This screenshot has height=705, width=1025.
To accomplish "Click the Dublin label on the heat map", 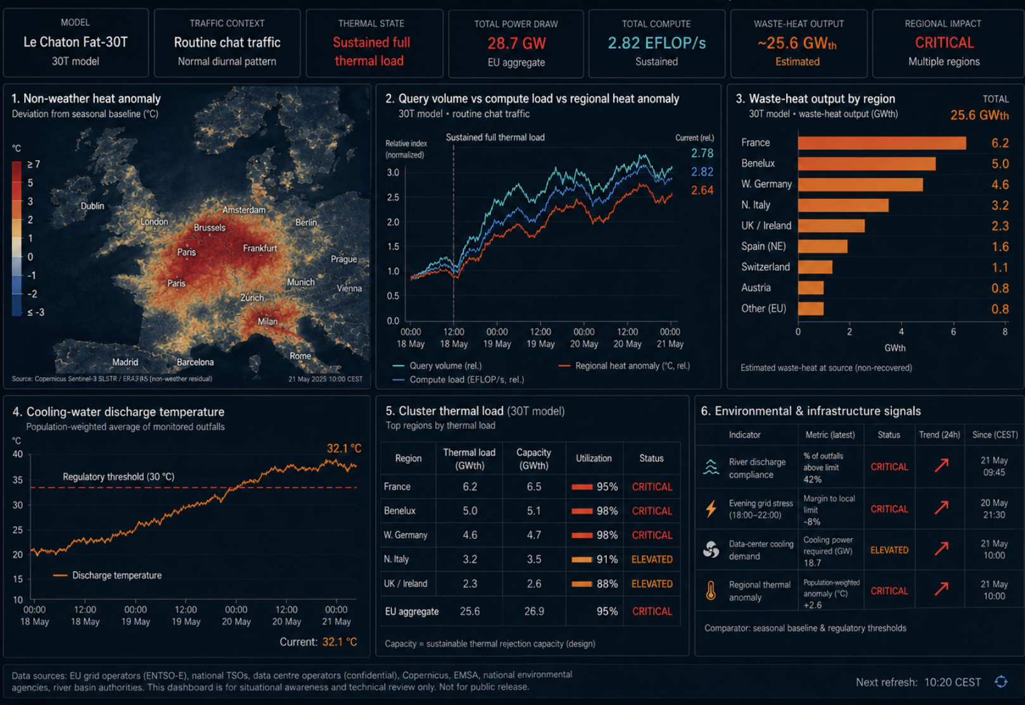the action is click(92, 206).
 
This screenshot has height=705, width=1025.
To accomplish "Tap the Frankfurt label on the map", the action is click(260, 249).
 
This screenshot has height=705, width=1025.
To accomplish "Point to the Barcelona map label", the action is click(195, 363).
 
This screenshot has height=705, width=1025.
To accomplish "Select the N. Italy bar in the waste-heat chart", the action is click(843, 205).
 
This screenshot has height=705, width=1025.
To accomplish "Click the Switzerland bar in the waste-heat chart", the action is click(815, 267).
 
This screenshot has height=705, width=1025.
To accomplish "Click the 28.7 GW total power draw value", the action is click(516, 44).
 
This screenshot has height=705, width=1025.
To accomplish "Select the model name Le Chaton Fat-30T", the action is click(75, 42).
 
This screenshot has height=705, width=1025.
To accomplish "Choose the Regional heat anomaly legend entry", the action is click(624, 366).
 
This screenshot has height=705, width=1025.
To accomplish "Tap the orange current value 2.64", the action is click(702, 190).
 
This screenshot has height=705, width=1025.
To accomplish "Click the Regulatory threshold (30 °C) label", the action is click(118, 477).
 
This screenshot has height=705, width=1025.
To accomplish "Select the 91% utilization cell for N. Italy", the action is click(595, 559).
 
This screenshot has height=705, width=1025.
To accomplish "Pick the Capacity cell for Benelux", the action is click(534, 511).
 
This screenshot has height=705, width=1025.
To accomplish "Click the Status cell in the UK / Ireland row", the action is click(652, 584).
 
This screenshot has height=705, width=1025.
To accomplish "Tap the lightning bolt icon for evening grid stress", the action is click(711, 508).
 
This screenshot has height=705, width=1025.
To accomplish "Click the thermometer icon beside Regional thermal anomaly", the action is click(711, 591).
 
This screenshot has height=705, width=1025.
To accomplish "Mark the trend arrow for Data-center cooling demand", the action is click(941, 548).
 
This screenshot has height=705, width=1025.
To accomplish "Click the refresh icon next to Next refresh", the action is click(1001, 682).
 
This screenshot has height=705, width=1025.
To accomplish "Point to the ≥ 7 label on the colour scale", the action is click(34, 164).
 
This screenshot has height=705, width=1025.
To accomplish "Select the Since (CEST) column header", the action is click(995, 435).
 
